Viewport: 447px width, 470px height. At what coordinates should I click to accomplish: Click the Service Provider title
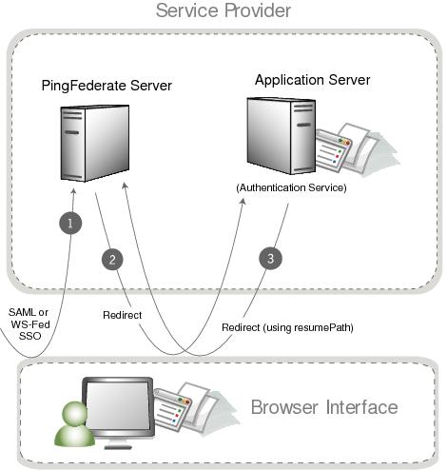click(x=223, y=11)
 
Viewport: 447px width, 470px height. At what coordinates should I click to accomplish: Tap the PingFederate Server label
click(x=107, y=86)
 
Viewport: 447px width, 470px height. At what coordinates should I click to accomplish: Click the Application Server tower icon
click(x=280, y=132)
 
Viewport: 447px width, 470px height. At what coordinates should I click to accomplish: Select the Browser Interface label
click(x=323, y=408)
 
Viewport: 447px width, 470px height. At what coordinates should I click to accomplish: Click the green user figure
click(x=69, y=425)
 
